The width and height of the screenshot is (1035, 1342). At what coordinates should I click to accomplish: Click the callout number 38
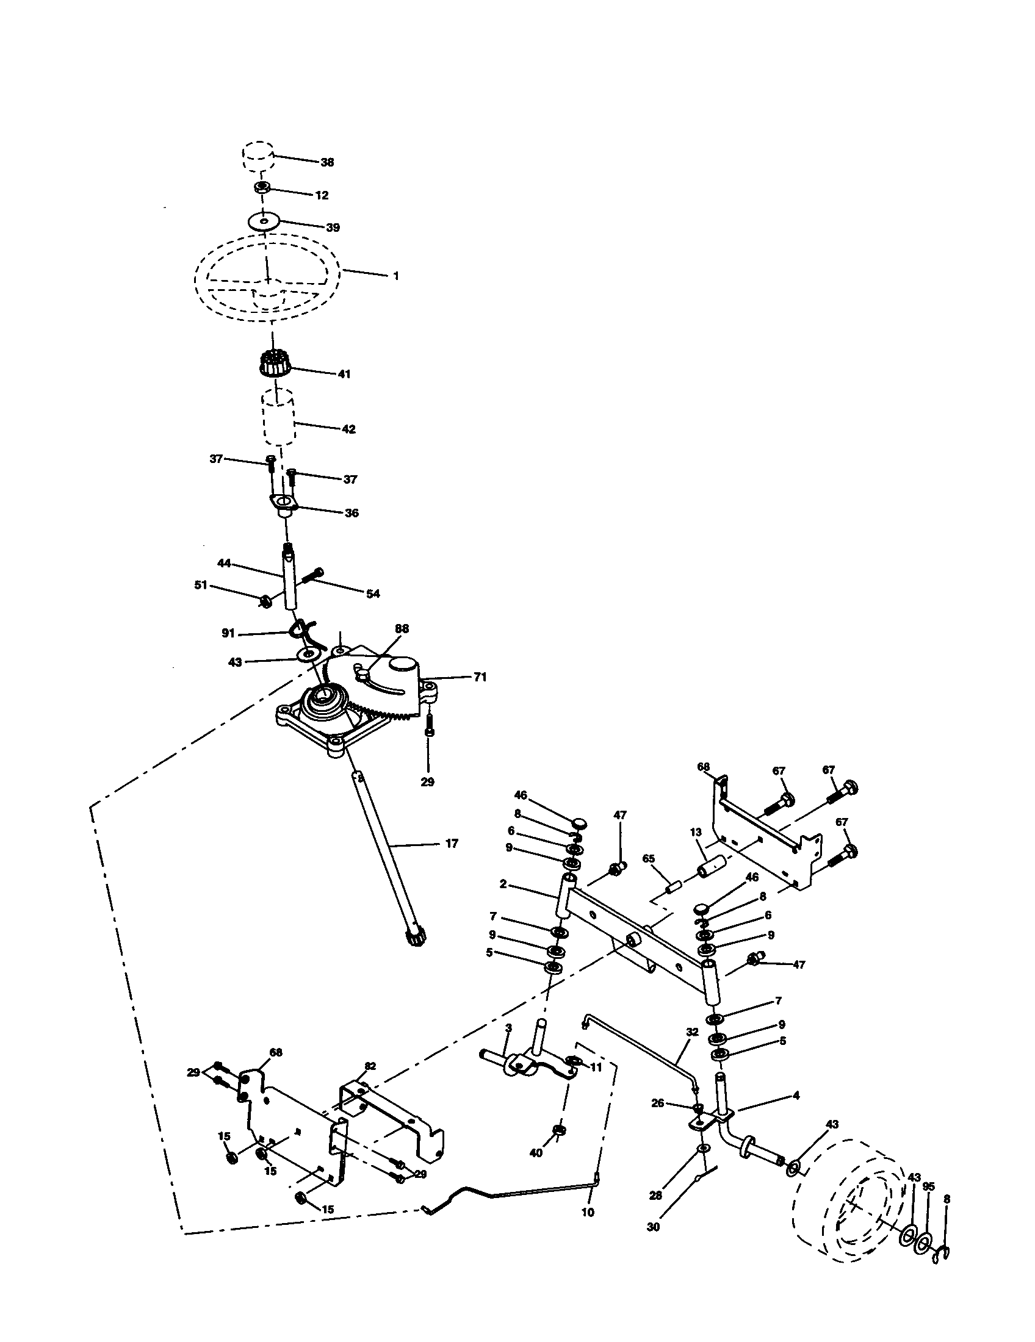click(327, 162)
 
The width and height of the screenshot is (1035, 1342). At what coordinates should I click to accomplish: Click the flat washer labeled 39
click(264, 221)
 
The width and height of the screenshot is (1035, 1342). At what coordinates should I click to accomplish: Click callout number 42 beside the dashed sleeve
click(348, 429)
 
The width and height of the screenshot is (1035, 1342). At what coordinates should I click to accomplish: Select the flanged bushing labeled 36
click(284, 505)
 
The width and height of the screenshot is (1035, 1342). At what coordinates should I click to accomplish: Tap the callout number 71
click(480, 677)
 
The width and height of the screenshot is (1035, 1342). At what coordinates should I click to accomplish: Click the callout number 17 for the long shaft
click(452, 844)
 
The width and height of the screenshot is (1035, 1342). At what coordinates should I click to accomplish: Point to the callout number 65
click(649, 859)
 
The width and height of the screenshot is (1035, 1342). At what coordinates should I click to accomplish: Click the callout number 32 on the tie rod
click(692, 1032)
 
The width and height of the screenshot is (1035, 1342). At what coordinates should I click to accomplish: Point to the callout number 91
click(229, 633)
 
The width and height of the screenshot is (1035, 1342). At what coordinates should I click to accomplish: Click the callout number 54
click(373, 594)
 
